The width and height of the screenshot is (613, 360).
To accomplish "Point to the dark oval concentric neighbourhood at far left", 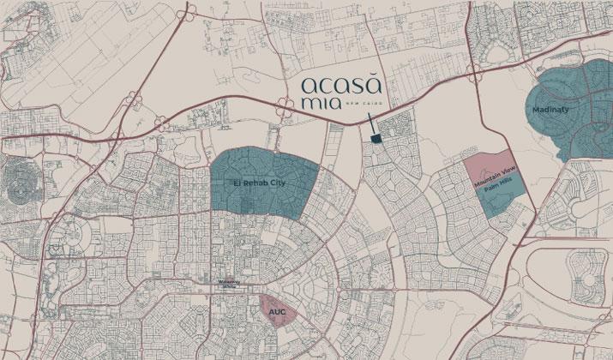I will click(x=21, y=181).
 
